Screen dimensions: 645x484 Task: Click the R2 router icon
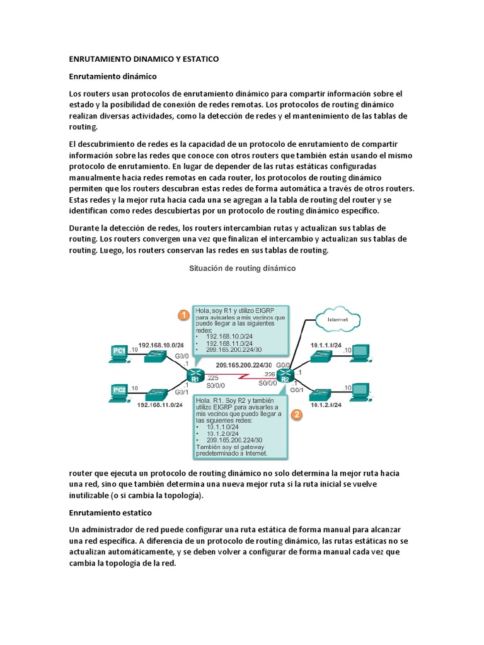pos(285,376)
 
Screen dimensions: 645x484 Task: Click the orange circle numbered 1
pos(183,315)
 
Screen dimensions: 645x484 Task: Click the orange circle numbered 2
pos(297,414)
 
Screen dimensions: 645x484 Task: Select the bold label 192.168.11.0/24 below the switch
pos(160,406)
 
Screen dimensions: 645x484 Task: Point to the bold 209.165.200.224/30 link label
pos(243,365)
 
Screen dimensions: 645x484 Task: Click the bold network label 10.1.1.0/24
pos(326,346)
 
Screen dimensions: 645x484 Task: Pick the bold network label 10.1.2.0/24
pos(326,405)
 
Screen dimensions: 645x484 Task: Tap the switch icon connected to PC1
pos(154,356)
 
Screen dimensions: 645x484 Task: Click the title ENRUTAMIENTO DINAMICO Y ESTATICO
pos(143,59)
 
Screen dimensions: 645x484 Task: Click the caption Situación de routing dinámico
pos(243,268)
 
